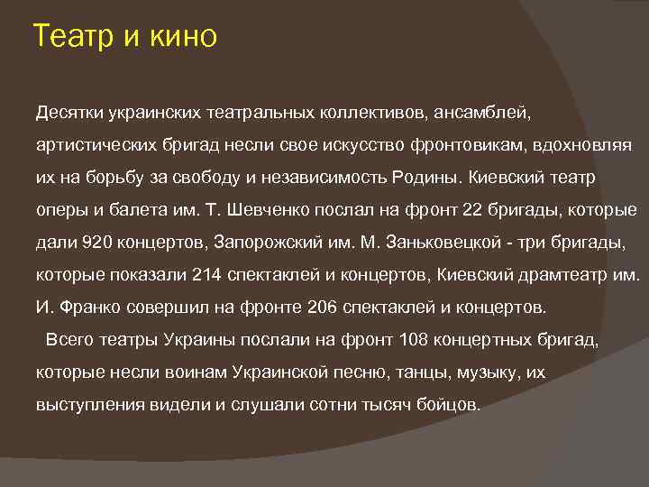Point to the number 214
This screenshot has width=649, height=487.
coord(207,275)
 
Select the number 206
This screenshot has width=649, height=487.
coord(323,308)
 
